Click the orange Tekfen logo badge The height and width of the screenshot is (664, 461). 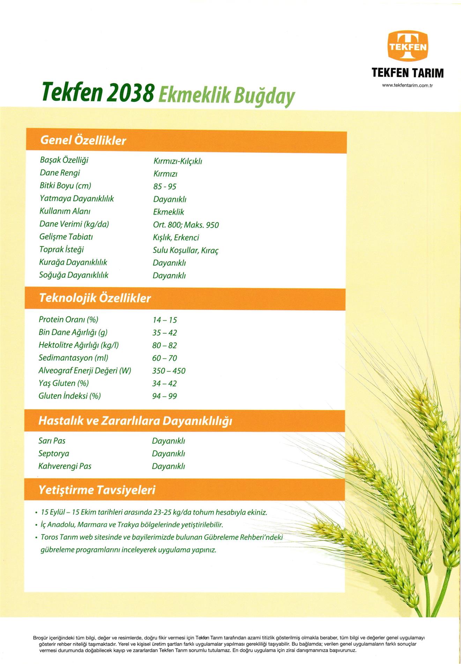(408, 45)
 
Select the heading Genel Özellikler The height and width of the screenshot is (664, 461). (83, 140)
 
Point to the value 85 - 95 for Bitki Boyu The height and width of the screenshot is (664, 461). (165, 187)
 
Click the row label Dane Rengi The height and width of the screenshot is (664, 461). (60, 173)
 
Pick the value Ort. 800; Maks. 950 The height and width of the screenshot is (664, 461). (186, 225)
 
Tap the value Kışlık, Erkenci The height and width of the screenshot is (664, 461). (176, 238)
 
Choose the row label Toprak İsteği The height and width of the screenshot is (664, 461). (61, 250)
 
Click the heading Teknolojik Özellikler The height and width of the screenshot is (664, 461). (95, 298)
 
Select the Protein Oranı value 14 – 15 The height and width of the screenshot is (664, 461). (165, 320)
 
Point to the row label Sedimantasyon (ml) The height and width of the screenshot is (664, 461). (73, 358)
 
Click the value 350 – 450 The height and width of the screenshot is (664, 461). (169, 371)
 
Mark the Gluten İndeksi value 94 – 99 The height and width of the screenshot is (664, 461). (165, 396)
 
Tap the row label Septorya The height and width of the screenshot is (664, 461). (54, 454)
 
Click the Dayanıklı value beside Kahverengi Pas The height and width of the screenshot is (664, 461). (169, 466)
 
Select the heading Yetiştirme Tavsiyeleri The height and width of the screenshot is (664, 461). (97, 490)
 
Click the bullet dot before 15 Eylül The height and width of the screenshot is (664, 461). (36, 513)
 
